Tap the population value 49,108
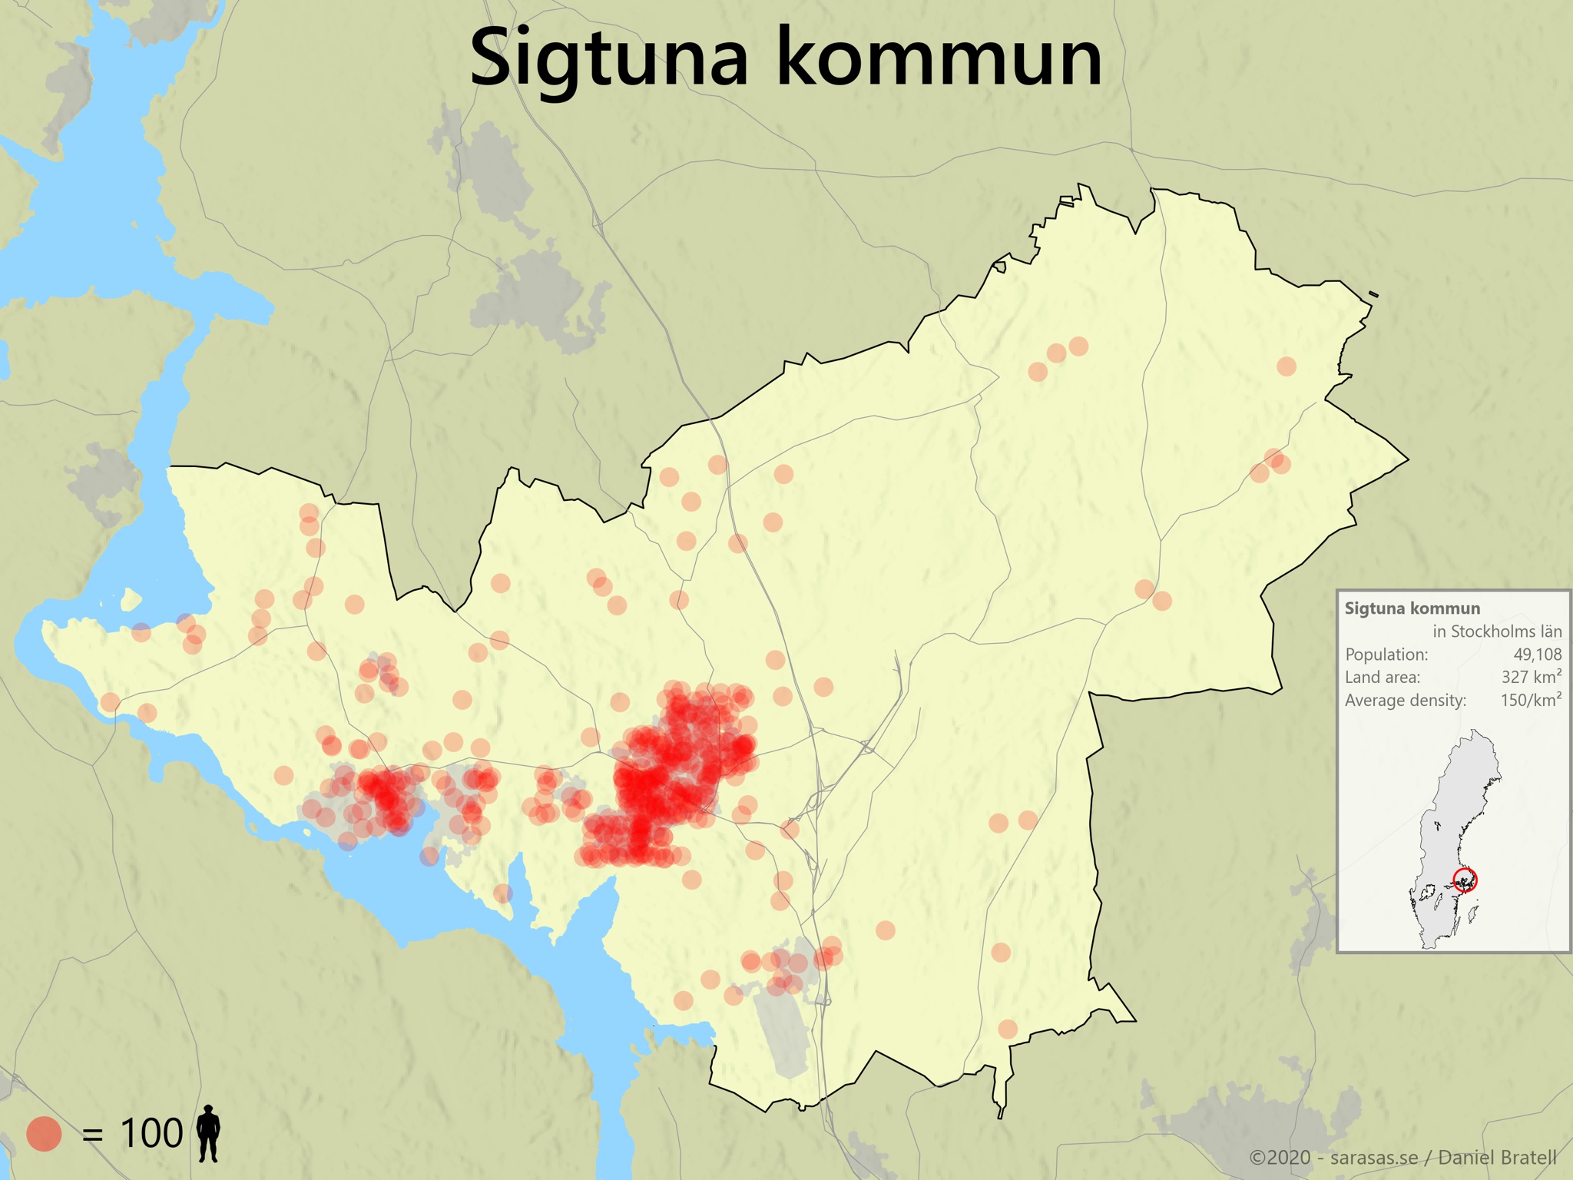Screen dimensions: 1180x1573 (1537, 655)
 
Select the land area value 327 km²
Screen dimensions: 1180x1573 (1532, 677)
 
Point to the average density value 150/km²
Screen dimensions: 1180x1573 (1531, 700)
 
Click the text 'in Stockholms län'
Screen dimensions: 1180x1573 (1497, 631)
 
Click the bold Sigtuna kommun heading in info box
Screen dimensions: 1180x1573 (1412, 608)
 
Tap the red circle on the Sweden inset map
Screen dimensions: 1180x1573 (1465, 880)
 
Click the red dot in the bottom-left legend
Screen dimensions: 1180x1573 (44, 1133)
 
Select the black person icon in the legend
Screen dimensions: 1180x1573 (208, 1133)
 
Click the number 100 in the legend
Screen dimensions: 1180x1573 (151, 1133)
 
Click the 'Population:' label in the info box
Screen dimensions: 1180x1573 (1386, 655)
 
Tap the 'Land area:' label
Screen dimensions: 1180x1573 (1383, 677)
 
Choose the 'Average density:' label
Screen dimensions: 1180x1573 (1406, 700)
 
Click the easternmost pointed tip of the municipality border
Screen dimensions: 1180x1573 (1407, 460)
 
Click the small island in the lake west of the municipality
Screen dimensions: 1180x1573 (131, 598)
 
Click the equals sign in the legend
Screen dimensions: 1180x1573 (92, 1135)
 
